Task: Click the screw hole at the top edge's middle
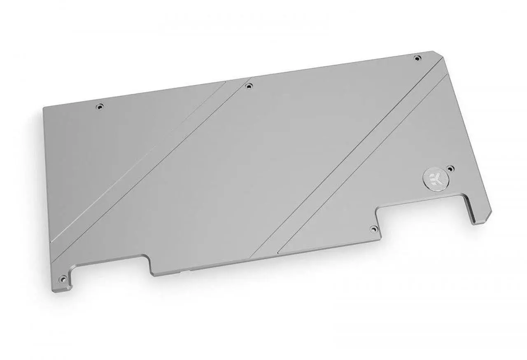[x=248, y=86]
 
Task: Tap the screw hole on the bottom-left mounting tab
[x=63, y=277]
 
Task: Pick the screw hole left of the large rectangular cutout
[x=373, y=228]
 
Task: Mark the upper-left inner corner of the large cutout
[x=378, y=213]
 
